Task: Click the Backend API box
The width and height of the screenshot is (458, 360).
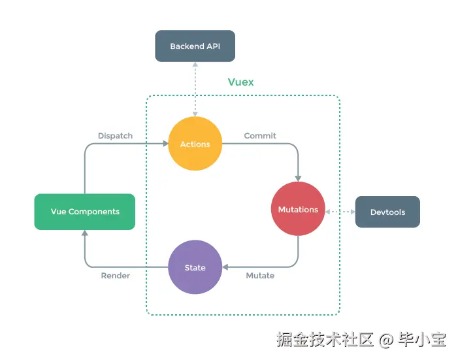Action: click(x=194, y=46)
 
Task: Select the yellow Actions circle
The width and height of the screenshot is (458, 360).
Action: click(x=195, y=144)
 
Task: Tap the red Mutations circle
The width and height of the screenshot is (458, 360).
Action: click(x=298, y=209)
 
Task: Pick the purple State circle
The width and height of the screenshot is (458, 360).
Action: click(x=195, y=267)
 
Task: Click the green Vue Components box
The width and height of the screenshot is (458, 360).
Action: click(x=85, y=212)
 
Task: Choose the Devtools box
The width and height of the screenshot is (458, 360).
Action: click(x=387, y=212)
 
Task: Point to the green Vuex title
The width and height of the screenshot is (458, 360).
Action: click(x=240, y=82)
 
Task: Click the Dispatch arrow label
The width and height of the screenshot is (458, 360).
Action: click(x=115, y=136)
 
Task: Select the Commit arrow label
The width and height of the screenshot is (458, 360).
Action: click(x=260, y=136)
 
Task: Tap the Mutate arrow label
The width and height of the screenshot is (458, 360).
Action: click(x=260, y=276)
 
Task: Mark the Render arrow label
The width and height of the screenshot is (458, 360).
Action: click(x=115, y=276)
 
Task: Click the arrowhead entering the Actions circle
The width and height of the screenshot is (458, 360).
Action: click(x=164, y=144)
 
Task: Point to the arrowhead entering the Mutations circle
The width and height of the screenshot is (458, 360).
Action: click(x=298, y=178)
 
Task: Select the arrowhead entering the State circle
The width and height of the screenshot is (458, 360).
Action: click(x=225, y=267)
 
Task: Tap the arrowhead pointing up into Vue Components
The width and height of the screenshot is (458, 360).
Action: click(x=85, y=233)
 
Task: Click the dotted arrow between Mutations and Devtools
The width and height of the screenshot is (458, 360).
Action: click(x=340, y=212)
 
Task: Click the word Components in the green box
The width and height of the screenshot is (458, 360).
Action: click(x=94, y=212)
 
